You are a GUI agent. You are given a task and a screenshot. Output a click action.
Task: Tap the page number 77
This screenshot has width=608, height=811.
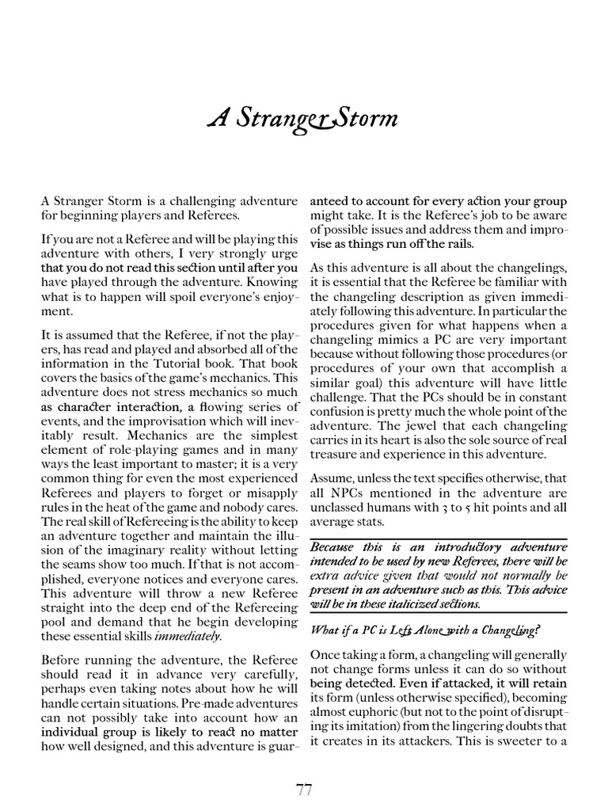[304, 790]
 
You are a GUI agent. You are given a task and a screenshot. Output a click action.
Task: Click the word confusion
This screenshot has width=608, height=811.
[338, 411]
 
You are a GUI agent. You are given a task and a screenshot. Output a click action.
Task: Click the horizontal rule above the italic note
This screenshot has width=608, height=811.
[438, 539]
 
